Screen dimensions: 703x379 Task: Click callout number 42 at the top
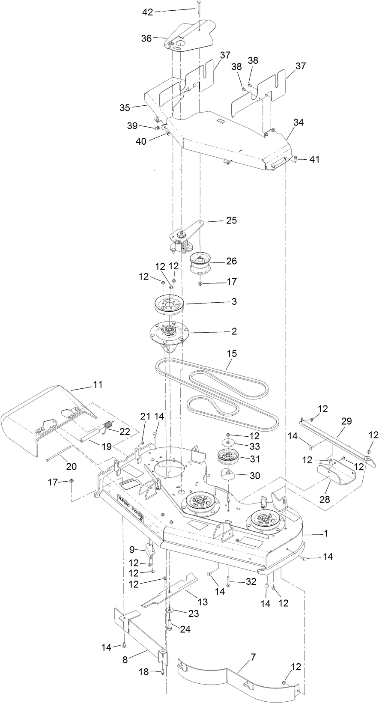[147, 12]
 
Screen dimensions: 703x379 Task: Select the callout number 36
[147, 39]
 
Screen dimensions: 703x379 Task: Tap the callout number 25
[231, 220]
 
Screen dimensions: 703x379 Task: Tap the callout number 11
[98, 384]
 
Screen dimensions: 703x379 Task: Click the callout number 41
[315, 159]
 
